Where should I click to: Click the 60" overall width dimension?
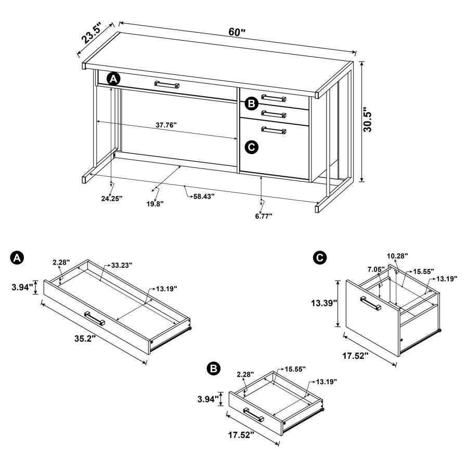pyautogui.click(x=237, y=32)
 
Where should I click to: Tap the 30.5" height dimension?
pyautogui.click(x=368, y=120)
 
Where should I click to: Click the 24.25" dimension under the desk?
pyautogui.click(x=112, y=198)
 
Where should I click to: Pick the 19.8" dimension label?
pyautogui.click(x=154, y=204)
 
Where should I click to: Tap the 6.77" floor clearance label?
pyautogui.click(x=264, y=215)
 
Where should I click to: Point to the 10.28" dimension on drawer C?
pyautogui.click(x=397, y=256)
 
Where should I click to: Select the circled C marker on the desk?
pyautogui.click(x=251, y=148)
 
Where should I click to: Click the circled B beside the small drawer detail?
pyautogui.click(x=213, y=369)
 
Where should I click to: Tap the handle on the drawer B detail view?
pyautogui.click(x=253, y=415)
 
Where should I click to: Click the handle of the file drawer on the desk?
pyautogui.click(x=274, y=131)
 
